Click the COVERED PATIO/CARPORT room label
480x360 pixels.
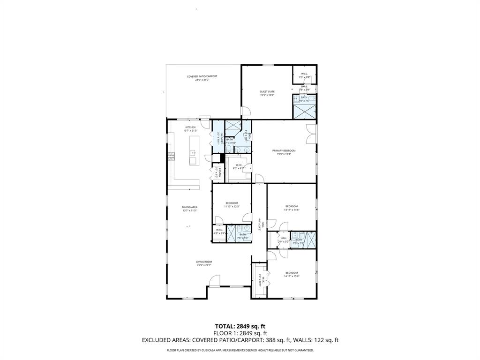click(x=202, y=76)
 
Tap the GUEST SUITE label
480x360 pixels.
click(x=267, y=91)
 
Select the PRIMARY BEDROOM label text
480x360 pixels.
click(x=284, y=150)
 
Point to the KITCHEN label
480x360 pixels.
click(x=190, y=127)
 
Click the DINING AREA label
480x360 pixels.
click(x=190, y=207)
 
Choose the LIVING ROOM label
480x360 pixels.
click(x=204, y=262)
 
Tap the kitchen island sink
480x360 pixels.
click(x=192, y=153)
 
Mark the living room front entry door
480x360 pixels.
click(x=214, y=281)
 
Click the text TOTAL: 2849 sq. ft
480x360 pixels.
click(x=240, y=326)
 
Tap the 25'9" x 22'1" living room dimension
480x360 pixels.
click(x=204, y=265)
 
